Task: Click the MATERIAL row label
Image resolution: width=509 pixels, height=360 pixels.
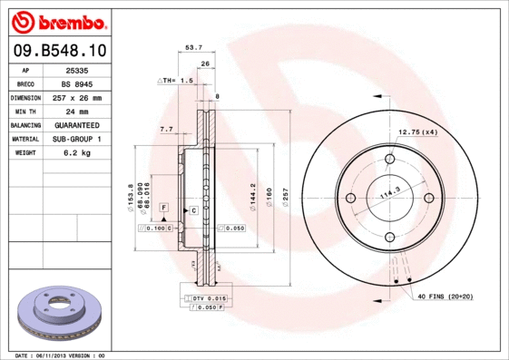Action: (24, 139)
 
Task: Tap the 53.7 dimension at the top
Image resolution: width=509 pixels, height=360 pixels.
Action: (192, 48)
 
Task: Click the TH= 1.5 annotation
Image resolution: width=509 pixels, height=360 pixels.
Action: (178, 81)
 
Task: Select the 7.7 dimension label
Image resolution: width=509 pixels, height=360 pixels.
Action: (166, 130)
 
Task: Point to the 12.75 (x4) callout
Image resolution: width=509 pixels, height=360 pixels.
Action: (418, 132)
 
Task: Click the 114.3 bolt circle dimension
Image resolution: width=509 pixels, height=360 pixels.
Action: (389, 193)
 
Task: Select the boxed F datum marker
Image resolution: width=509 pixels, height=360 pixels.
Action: (162, 208)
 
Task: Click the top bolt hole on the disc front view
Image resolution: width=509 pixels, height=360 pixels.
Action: (390, 160)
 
